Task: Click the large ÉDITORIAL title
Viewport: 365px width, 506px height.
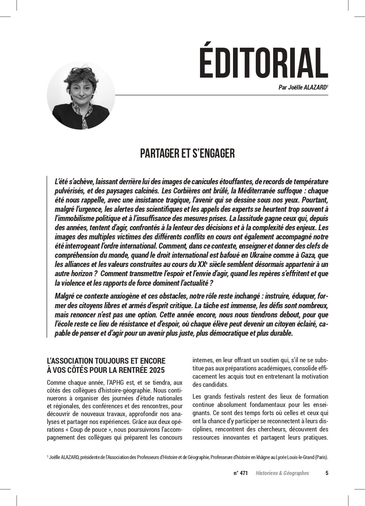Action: [263, 63]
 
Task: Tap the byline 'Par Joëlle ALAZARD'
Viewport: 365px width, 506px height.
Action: [303, 88]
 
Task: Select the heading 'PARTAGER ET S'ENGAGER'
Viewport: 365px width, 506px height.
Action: [187, 154]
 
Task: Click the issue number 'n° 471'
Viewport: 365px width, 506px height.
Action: [240, 473]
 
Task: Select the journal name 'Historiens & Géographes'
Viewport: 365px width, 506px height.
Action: [282, 473]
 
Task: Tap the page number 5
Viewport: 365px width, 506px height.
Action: [327, 473]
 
